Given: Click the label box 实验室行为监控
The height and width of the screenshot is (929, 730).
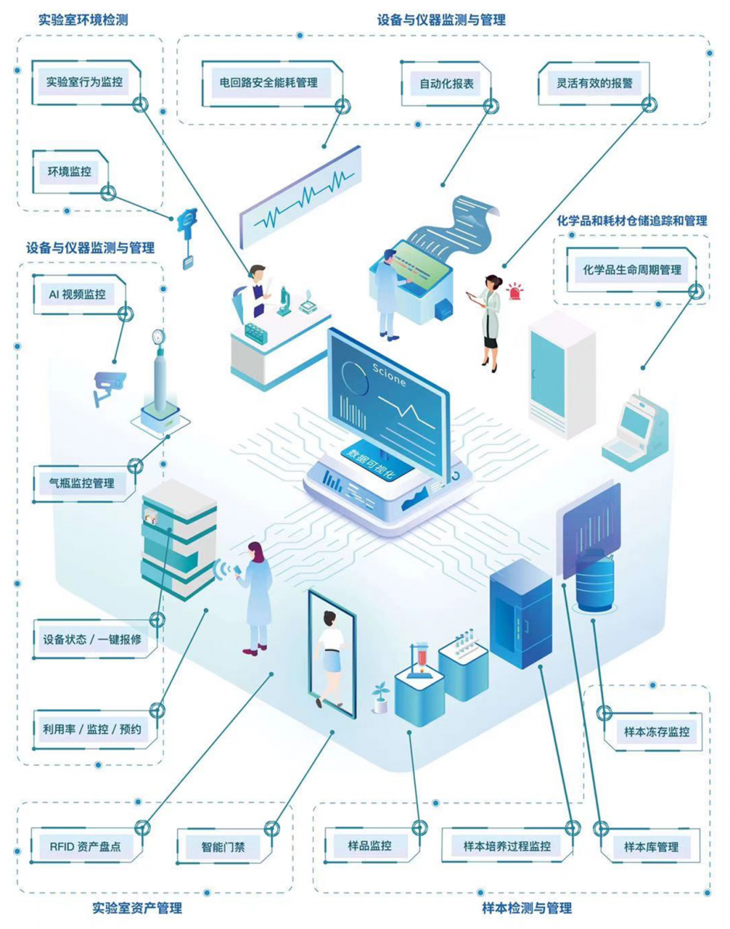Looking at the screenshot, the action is coord(84,81).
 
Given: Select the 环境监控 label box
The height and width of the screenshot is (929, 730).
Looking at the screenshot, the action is coord(70,171).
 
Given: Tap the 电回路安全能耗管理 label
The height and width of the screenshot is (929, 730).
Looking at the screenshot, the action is coord(270,83).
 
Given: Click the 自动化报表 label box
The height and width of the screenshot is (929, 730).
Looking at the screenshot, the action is coord(447,84).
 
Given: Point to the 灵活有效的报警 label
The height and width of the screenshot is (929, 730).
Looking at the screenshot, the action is coord(594,83).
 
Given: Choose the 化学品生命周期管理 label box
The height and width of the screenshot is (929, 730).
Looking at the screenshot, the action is coord(632,269).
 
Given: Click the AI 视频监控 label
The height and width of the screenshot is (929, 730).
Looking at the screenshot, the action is coord(77,294).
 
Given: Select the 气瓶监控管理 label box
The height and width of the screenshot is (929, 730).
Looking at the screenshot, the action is coord(83,483).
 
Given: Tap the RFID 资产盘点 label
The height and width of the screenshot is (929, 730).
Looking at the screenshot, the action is coord(85,846).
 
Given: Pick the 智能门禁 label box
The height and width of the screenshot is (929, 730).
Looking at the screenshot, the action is coord(223,847).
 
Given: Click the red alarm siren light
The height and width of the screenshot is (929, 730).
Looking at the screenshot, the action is coord(515,291).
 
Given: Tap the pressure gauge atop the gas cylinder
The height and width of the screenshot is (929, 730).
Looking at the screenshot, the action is coord(159,337).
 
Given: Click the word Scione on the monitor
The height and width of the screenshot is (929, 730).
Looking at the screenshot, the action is coord(389,375).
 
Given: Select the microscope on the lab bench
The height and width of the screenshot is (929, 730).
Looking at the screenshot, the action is coord(283,301).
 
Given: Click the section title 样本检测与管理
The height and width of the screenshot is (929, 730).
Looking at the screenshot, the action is coord(527,907).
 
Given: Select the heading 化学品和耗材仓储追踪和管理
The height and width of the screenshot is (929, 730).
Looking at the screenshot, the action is coord(632,221).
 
